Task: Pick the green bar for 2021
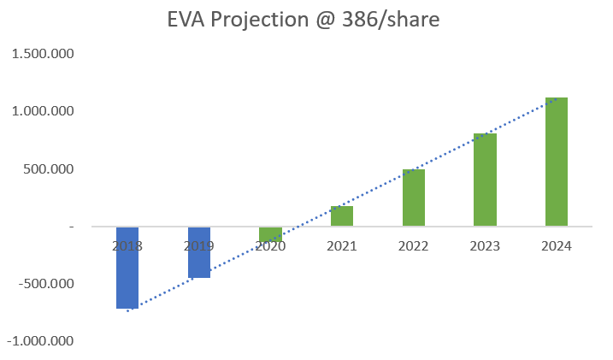pos(342,215)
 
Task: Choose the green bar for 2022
pos(414,198)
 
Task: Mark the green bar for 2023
pos(485,180)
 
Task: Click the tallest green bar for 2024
pos(557,162)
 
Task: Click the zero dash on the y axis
pos(72,227)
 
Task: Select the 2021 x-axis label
pos(342,245)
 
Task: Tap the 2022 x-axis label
pos(414,245)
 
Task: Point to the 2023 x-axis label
pos(485,245)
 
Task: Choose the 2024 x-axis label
pos(557,245)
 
